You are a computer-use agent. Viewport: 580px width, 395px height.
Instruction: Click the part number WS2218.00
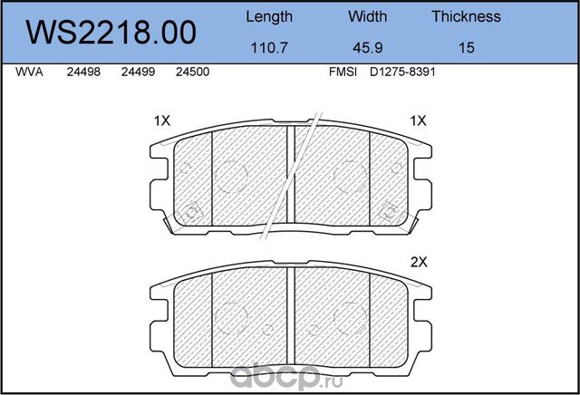pos(114,33)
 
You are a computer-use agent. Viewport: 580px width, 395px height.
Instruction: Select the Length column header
pos(270,16)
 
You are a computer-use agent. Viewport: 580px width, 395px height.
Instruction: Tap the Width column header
pos(367,16)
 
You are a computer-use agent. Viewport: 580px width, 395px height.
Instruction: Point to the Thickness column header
pos(466,16)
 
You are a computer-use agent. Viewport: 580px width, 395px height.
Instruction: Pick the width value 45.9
pos(367,48)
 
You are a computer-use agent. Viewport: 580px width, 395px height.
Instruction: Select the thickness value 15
pos(467,48)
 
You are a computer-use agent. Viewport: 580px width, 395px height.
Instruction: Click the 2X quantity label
pos(418,262)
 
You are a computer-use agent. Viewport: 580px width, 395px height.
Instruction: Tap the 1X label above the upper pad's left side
pos(162,120)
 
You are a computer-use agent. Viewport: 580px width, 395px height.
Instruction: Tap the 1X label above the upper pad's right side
pos(418,120)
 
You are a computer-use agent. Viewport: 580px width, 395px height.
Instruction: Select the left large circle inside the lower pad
pos(231,313)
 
